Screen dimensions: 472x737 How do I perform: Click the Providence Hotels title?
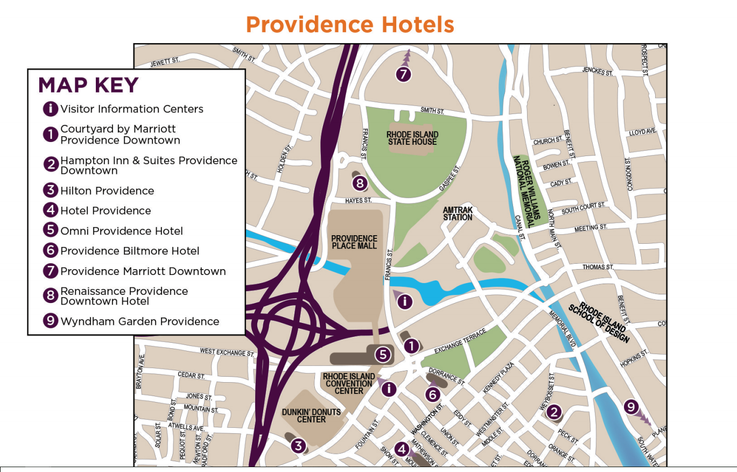(350, 25)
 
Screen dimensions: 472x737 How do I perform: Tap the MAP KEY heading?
(88, 86)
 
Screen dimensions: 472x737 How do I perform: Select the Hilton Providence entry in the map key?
(107, 191)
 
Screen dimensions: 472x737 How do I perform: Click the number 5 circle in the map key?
(50, 230)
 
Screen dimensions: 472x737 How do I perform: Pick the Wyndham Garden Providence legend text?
(139, 321)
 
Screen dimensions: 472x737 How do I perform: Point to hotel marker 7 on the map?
(403, 74)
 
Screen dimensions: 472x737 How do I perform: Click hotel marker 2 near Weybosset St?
(553, 412)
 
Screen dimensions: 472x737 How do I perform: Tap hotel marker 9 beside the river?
(631, 407)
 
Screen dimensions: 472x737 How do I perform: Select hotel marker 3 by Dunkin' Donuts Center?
(298, 446)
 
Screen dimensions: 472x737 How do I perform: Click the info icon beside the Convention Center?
(389, 389)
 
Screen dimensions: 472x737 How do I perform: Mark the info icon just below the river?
(404, 302)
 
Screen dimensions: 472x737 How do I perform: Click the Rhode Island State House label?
(412, 138)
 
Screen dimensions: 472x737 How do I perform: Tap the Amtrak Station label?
(458, 214)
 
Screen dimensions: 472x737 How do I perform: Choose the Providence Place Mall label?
(354, 242)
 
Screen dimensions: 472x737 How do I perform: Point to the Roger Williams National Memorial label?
(525, 191)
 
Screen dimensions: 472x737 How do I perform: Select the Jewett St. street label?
(165, 62)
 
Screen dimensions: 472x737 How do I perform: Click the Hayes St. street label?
(359, 200)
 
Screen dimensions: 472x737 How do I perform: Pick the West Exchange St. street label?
(227, 352)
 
